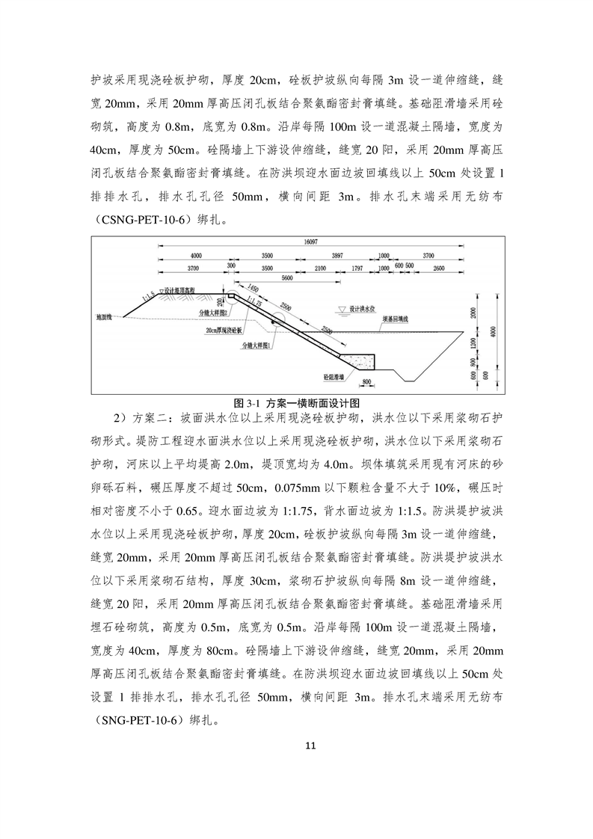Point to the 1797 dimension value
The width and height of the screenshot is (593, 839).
[x=357, y=266]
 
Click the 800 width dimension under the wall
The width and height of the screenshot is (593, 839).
[x=366, y=382]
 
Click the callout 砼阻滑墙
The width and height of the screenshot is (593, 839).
[x=333, y=378]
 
